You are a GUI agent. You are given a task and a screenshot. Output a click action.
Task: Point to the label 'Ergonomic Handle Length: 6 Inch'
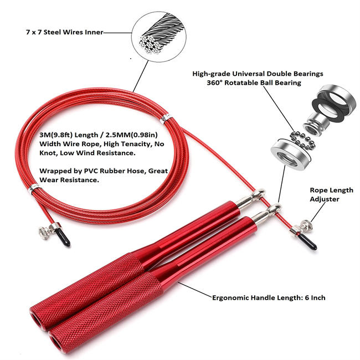269,297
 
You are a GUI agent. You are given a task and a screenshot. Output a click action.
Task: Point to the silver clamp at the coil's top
164,119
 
